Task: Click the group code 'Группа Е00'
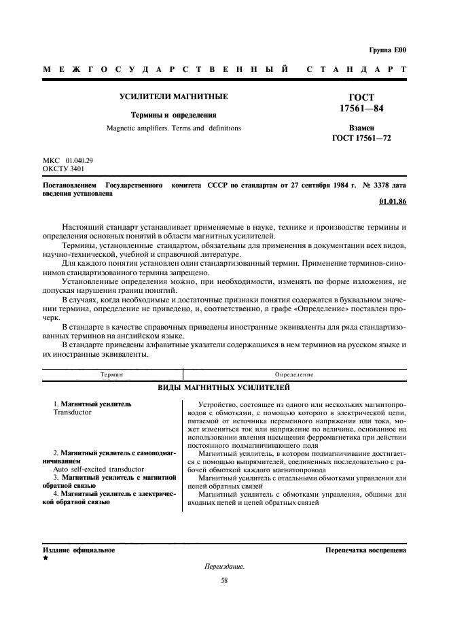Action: coord(388,50)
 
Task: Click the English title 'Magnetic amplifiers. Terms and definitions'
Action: coord(173,128)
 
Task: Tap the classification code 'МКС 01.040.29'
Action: coord(68,160)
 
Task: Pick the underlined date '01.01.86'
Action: coord(392,202)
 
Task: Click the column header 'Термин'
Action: coord(111,374)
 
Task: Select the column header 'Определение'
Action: coord(293,374)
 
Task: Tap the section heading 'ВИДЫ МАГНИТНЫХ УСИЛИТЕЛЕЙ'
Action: coord(224,387)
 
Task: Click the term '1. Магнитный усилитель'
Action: coord(92,404)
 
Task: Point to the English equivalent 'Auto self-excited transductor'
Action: coord(98,469)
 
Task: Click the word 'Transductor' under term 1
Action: coord(72,412)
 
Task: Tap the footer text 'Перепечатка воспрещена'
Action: coord(365,550)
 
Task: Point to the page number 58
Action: coord(224,580)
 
